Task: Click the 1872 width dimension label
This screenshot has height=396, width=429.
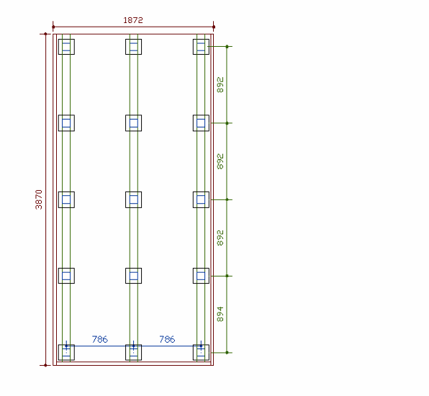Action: point(133,20)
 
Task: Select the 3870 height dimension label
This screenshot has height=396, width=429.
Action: point(39,199)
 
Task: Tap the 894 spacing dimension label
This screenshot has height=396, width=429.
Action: point(220,314)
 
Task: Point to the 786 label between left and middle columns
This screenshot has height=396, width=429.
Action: point(100,339)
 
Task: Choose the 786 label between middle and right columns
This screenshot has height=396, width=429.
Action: point(167,339)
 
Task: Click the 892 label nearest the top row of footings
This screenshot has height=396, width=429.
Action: point(220,85)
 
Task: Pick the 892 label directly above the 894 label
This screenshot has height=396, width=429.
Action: point(220,238)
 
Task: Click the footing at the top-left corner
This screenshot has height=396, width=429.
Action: point(66,47)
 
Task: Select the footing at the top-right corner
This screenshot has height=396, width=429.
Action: point(201,47)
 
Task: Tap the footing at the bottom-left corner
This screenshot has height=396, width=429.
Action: point(66,353)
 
